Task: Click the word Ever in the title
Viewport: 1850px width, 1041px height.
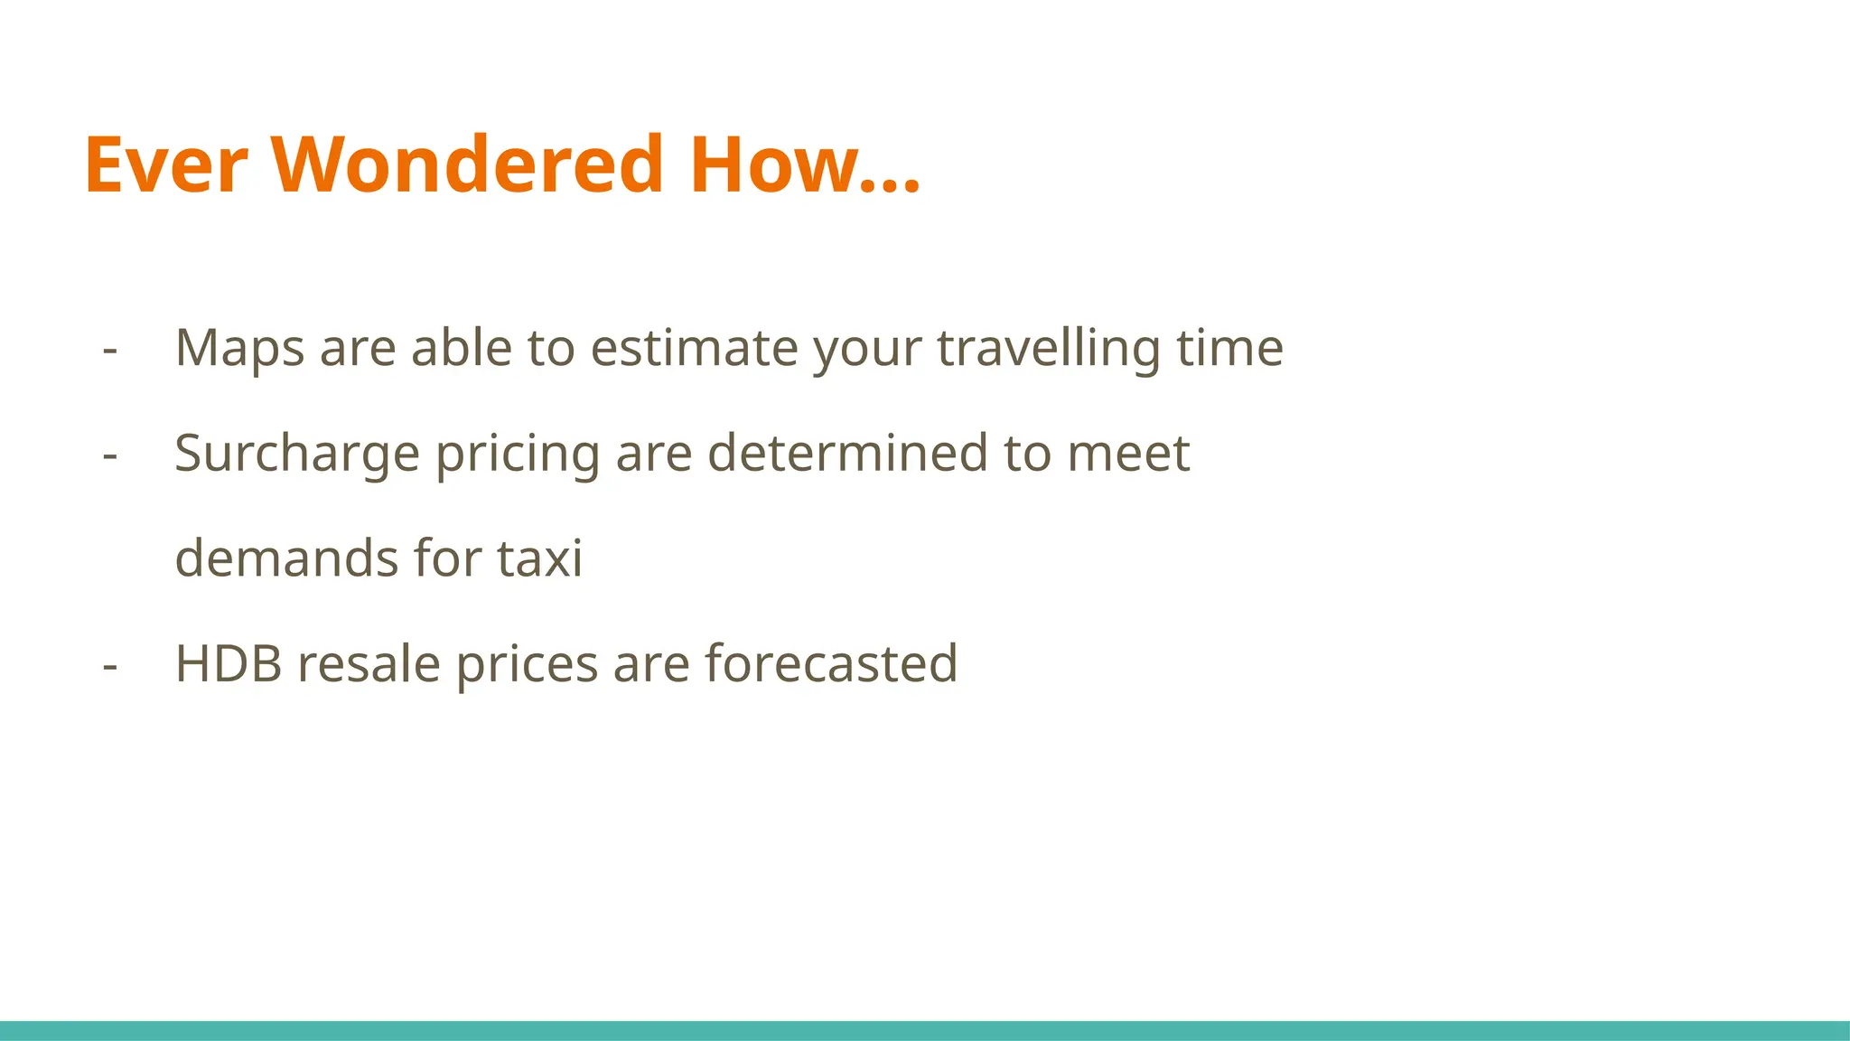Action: [165, 164]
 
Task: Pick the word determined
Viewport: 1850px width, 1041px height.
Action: [847, 454]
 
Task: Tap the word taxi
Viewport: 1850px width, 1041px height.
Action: [540, 558]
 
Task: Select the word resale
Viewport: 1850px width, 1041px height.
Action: [369, 664]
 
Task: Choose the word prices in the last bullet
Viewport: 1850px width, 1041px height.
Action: [527, 664]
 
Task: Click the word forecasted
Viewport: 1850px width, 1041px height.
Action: [831, 664]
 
